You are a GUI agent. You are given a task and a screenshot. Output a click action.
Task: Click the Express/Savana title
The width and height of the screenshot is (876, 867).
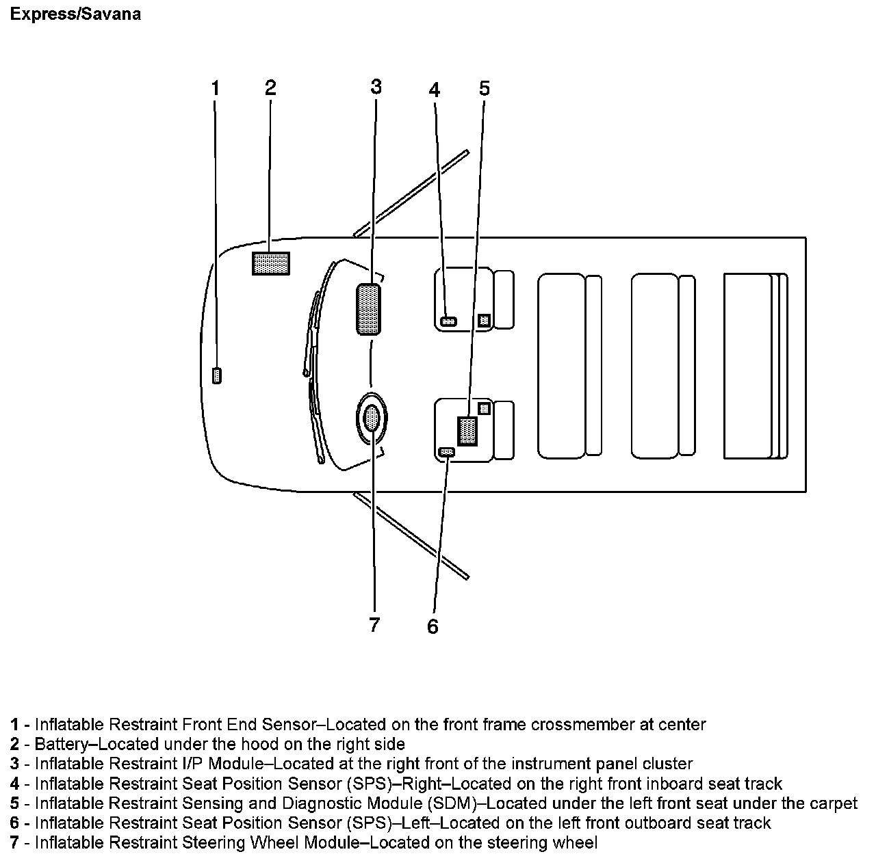[75, 14]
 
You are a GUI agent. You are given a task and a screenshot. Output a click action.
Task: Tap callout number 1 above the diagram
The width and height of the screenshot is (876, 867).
[215, 88]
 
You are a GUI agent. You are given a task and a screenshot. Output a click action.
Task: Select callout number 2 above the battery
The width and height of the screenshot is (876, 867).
[270, 88]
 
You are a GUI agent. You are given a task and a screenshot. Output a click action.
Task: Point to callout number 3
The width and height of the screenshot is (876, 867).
[376, 87]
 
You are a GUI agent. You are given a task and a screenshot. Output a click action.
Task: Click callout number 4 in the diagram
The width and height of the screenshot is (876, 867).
[435, 90]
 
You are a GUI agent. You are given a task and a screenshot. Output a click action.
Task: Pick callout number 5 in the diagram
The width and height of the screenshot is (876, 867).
[485, 88]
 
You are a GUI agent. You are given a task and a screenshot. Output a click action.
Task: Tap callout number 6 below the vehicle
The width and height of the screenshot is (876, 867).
[433, 626]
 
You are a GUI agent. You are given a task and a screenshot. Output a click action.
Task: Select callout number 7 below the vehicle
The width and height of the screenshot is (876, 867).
[374, 625]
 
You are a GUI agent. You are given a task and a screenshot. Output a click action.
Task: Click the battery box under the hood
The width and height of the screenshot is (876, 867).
[271, 263]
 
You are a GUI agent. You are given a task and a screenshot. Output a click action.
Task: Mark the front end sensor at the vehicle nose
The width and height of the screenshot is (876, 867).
[217, 375]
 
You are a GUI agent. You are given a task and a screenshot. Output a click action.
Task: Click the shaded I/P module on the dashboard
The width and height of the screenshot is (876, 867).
[368, 310]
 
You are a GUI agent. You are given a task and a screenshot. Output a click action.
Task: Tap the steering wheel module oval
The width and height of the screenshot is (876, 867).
[372, 417]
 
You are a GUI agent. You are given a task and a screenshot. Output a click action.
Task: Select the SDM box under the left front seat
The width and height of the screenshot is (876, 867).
[467, 431]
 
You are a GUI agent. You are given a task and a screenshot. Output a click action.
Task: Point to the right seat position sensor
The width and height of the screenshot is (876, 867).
[449, 321]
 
